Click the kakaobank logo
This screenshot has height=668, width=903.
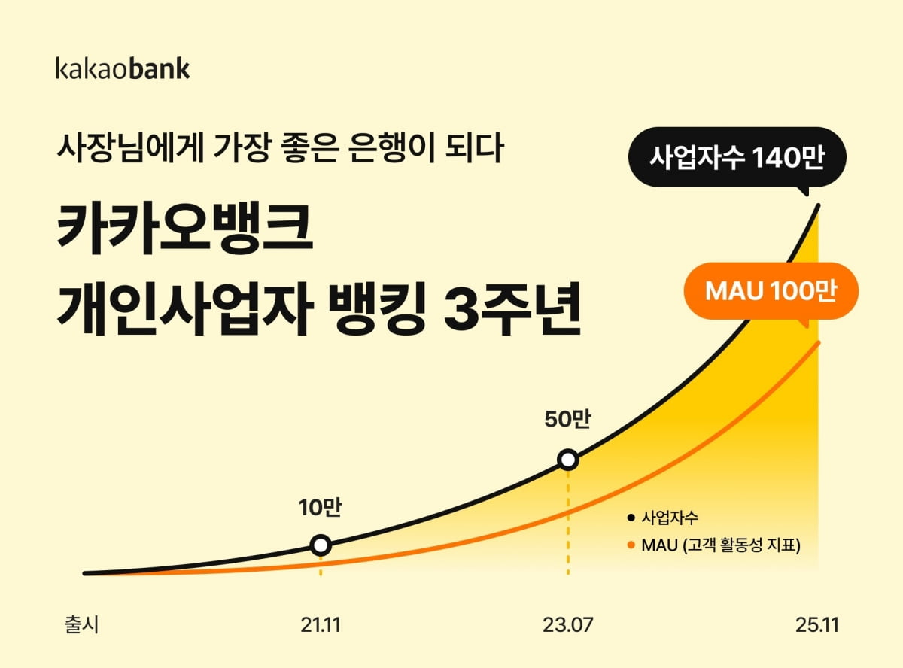[123, 68]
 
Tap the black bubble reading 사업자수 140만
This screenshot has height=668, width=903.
[737, 157]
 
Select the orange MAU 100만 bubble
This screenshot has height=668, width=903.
[771, 291]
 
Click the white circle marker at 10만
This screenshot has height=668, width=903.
[321, 545]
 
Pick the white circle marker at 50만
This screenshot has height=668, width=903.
[568, 460]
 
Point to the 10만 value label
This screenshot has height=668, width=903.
[320, 508]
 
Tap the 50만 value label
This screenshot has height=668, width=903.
[567, 419]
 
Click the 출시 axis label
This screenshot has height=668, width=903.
[81, 624]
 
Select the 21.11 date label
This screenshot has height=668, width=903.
[321, 625]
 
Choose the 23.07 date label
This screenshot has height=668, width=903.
[567, 625]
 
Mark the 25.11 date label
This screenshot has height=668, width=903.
[817, 625]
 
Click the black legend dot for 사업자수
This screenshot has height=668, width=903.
[631, 518]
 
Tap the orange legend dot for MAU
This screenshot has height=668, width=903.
[631, 545]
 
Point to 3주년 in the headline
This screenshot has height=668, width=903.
[512, 308]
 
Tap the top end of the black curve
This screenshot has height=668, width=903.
[818, 206]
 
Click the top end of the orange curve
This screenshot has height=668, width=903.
[818, 343]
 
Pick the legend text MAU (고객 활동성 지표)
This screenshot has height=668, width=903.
[721, 545]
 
